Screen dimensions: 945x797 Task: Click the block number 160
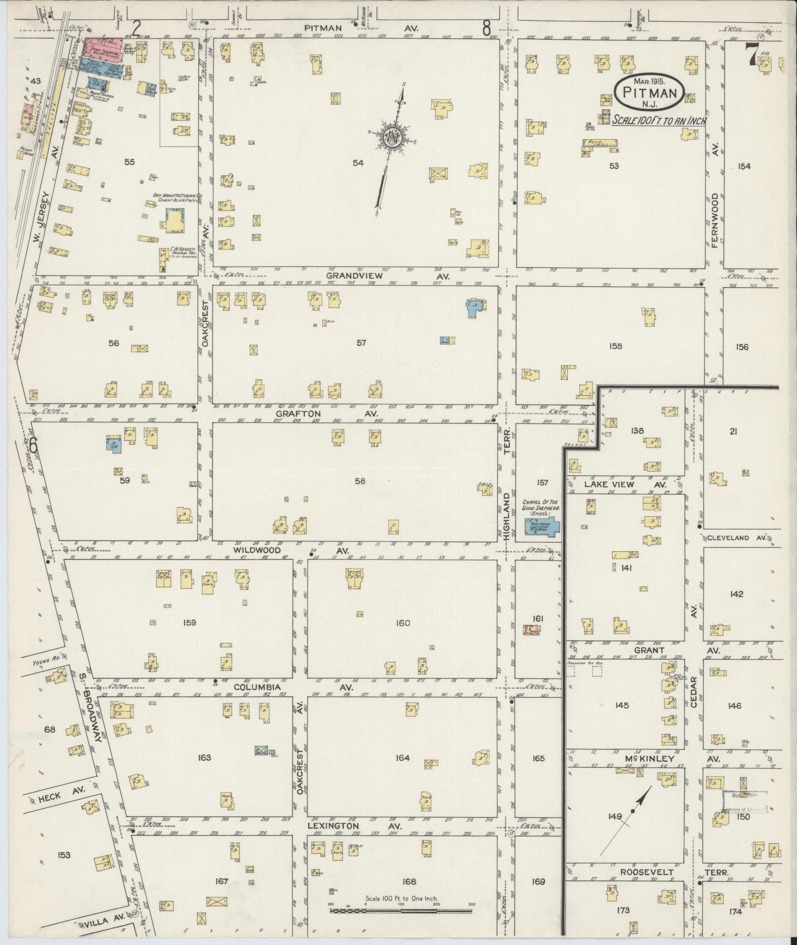click(x=403, y=623)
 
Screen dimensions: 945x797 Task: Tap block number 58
click(x=360, y=481)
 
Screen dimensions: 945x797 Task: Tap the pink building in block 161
click(x=531, y=630)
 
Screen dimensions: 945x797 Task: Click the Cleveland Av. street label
click(x=736, y=537)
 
